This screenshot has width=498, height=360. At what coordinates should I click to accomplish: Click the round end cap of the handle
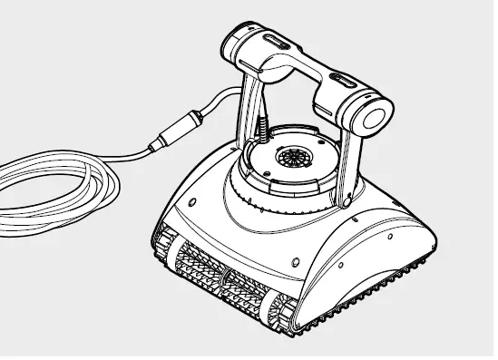click(x=375, y=117)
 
